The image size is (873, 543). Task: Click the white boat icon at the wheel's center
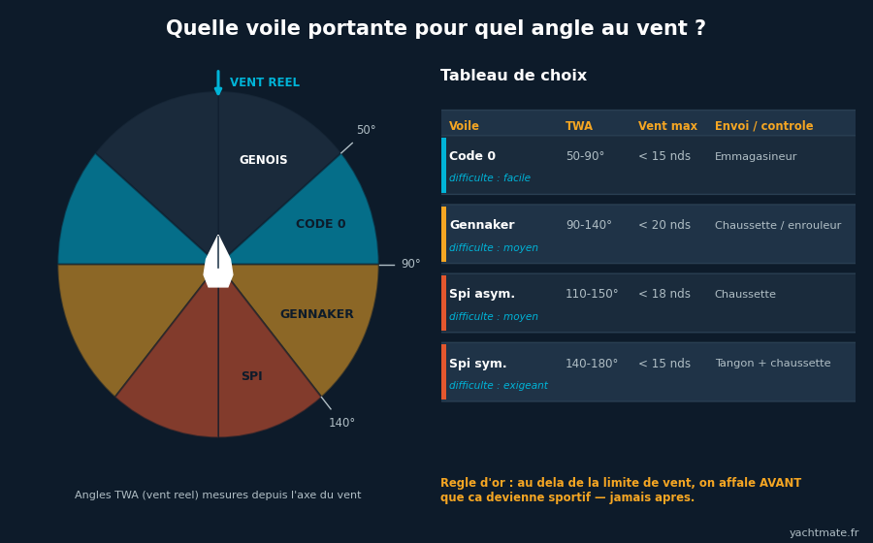coord(218,262)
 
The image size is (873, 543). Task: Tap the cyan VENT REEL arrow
coord(218,82)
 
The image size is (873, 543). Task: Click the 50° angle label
coord(367,130)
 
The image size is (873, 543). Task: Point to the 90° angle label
coord(411,265)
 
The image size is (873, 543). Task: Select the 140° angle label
coord(341,423)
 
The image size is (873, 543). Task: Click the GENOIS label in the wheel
coord(263,160)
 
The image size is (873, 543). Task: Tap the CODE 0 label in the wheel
coord(321,224)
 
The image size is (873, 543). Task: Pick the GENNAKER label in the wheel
coord(317,314)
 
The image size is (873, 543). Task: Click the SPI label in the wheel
coord(252,376)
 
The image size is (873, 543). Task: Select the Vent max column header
coord(667,126)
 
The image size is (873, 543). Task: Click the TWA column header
coord(579,126)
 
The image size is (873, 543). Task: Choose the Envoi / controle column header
coord(764,126)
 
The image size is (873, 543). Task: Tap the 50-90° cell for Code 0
coord(585,156)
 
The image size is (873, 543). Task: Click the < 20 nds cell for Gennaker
coord(664,225)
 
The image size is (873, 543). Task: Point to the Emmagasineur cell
coord(756,157)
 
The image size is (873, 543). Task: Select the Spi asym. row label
coord(482,294)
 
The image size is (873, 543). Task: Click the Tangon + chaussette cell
coord(773,364)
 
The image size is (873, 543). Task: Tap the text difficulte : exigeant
coord(499,386)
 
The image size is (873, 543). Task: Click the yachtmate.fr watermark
coord(824,533)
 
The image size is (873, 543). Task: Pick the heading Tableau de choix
coord(513,76)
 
